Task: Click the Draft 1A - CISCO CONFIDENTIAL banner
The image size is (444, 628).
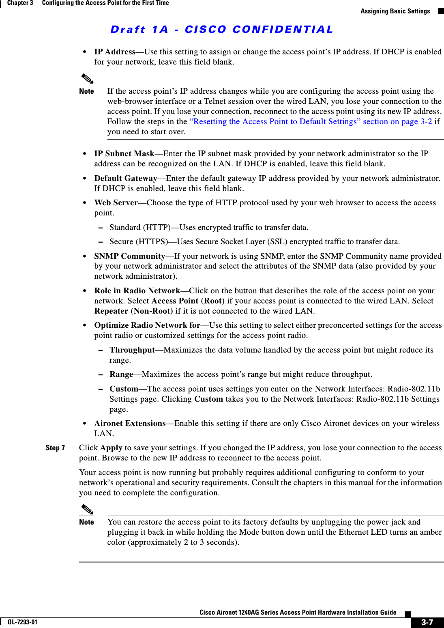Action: (221, 30)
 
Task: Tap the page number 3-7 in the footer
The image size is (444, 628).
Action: (427, 622)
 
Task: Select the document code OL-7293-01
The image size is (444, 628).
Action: (22, 622)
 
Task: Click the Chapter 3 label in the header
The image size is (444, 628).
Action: (20, 3)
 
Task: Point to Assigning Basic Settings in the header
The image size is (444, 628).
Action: (395, 11)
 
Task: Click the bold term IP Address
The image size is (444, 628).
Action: (114, 52)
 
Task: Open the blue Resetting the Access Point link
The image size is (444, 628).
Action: (310, 122)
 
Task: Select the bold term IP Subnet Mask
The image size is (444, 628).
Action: (124, 154)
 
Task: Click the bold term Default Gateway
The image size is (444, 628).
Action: (125, 179)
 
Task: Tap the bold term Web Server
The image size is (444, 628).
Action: (116, 203)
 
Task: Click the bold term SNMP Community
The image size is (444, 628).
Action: (129, 256)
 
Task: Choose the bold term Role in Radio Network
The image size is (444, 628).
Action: (137, 291)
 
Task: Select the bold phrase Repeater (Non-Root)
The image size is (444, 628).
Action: (133, 311)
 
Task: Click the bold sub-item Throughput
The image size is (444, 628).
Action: (132, 350)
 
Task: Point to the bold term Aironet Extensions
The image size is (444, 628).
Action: (130, 424)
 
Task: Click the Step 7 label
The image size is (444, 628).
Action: (55, 448)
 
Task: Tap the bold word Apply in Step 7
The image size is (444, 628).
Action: (111, 448)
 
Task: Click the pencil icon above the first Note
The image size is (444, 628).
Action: (87, 79)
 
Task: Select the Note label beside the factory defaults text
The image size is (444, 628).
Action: (86, 522)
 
